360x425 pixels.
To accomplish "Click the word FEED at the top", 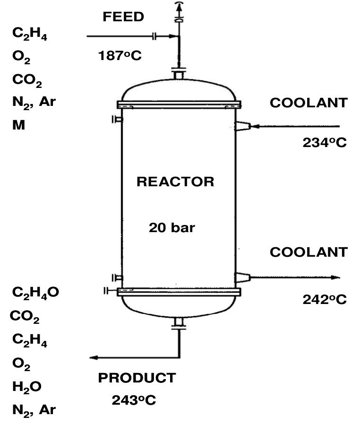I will [x=123, y=17].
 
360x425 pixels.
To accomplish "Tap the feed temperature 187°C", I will [x=120, y=56].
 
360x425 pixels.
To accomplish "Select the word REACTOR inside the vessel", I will [x=175, y=182].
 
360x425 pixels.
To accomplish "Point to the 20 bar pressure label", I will [x=172, y=227].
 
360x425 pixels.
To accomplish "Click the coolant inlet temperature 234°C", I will [x=325, y=142].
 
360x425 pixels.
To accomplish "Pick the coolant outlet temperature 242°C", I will [x=325, y=299].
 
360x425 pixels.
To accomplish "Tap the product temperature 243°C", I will [x=134, y=400].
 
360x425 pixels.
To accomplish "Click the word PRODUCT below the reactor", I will [x=137, y=378].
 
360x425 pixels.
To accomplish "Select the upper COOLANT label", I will [x=309, y=103].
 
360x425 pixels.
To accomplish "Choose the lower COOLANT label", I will [x=309, y=252].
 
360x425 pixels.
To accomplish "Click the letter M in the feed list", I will [x=19, y=125].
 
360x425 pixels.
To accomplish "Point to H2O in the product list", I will [x=27, y=387].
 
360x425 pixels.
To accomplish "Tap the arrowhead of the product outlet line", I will [x=94, y=357].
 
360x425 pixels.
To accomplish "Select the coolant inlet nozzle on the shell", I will [x=242, y=126].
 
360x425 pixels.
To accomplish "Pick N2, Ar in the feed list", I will [x=34, y=102].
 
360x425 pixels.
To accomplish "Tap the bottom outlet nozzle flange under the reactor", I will [x=178, y=322].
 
